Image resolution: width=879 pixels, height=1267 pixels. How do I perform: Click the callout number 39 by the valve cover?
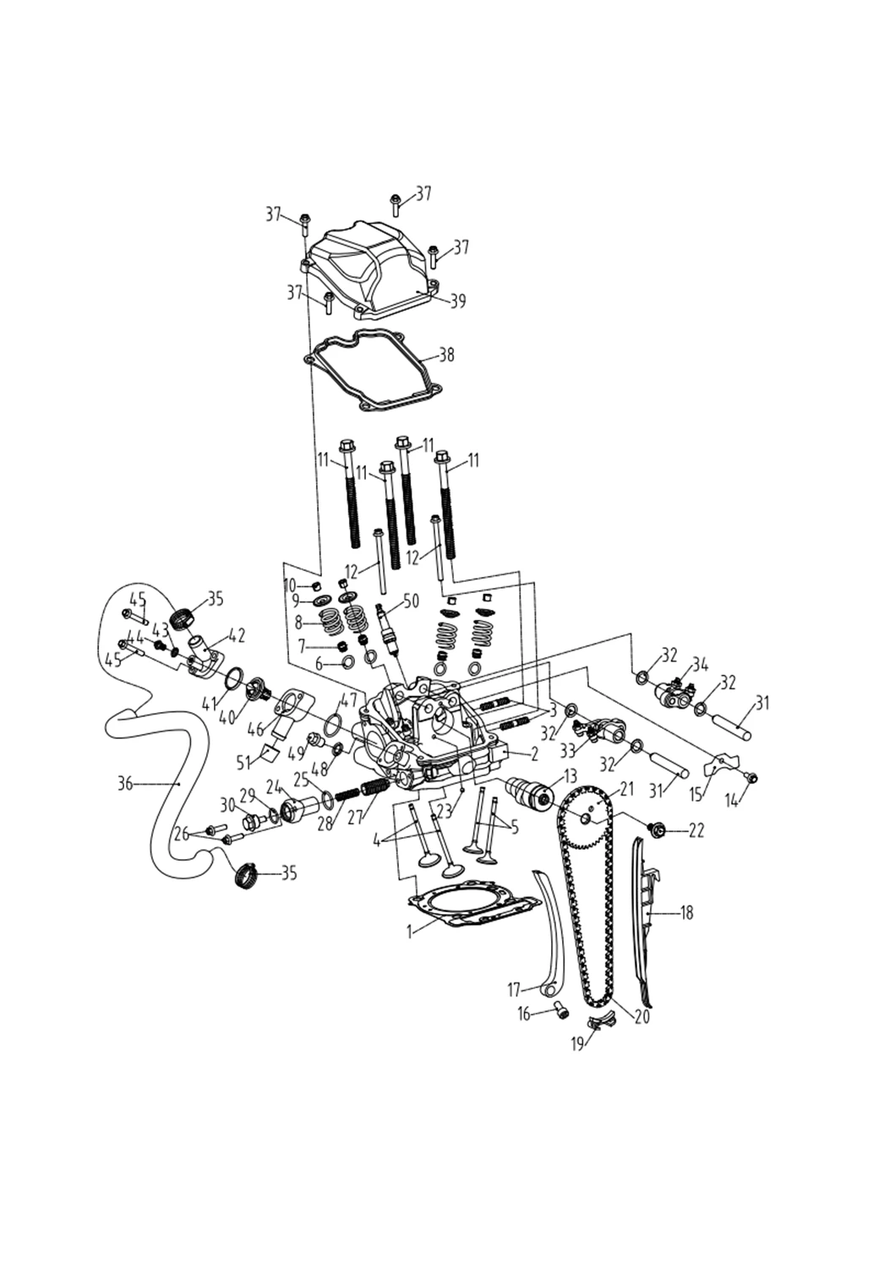click(x=457, y=301)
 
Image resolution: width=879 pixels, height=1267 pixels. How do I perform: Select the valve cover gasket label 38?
click(x=445, y=355)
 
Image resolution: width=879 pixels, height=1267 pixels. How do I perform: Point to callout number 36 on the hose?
click(x=125, y=784)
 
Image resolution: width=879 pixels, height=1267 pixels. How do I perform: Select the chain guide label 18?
click(x=686, y=913)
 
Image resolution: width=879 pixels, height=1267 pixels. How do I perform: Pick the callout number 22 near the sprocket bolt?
click(x=695, y=831)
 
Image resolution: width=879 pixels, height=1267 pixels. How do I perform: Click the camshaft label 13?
click(x=570, y=775)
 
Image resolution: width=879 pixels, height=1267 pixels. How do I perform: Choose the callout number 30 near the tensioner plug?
click(x=227, y=803)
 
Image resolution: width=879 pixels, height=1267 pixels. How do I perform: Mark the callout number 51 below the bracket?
click(x=244, y=761)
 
